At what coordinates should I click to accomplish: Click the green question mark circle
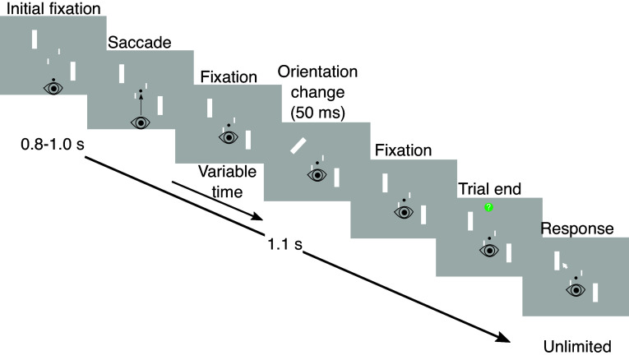(488, 207)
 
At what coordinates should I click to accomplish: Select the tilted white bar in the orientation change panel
(298, 145)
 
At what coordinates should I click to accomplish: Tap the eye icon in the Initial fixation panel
(53, 88)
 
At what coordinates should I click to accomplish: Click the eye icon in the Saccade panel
(141, 122)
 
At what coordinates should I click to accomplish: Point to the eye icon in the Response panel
(576, 290)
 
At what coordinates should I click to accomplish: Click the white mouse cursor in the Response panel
(565, 265)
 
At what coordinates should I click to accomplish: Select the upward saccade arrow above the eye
(141, 105)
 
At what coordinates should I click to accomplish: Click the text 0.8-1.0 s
(53, 145)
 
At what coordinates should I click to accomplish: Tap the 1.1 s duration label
(284, 244)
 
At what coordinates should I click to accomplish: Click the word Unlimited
(577, 346)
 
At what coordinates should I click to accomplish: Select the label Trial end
(489, 189)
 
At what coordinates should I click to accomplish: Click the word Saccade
(140, 43)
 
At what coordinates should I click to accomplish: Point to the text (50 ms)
(317, 113)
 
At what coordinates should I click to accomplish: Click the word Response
(577, 228)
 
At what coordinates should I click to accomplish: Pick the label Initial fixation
(53, 9)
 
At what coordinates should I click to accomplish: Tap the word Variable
(228, 172)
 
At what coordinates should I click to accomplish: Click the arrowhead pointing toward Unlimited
(503, 338)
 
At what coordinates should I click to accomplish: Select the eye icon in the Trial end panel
(489, 251)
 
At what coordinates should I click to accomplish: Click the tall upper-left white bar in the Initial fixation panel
(35, 39)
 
